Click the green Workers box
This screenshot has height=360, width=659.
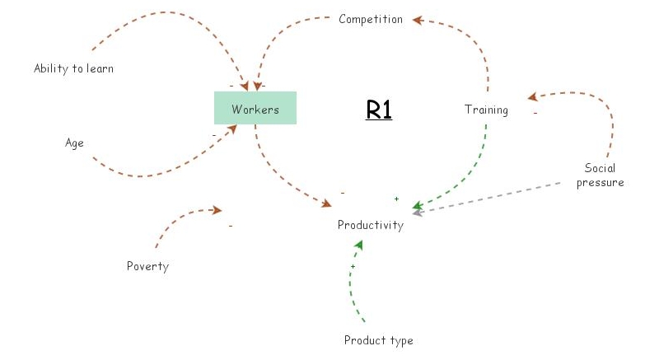[255, 109]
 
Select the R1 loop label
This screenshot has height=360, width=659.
[378, 110]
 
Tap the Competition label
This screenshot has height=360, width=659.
[371, 19]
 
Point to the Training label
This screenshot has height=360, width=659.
[486, 110]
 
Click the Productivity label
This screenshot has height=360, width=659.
[371, 225]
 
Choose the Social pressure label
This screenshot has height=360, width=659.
[600, 175]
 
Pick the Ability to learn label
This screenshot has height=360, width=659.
[73, 68]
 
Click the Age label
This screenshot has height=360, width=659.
[75, 143]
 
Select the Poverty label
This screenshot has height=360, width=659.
[147, 265]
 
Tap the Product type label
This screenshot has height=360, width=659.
[378, 340]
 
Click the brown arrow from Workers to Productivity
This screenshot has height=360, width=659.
[280, 177]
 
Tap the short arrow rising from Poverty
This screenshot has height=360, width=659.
[177, 218]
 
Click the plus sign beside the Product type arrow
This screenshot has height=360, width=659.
[353, 267]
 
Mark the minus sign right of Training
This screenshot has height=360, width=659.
[535, 113]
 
